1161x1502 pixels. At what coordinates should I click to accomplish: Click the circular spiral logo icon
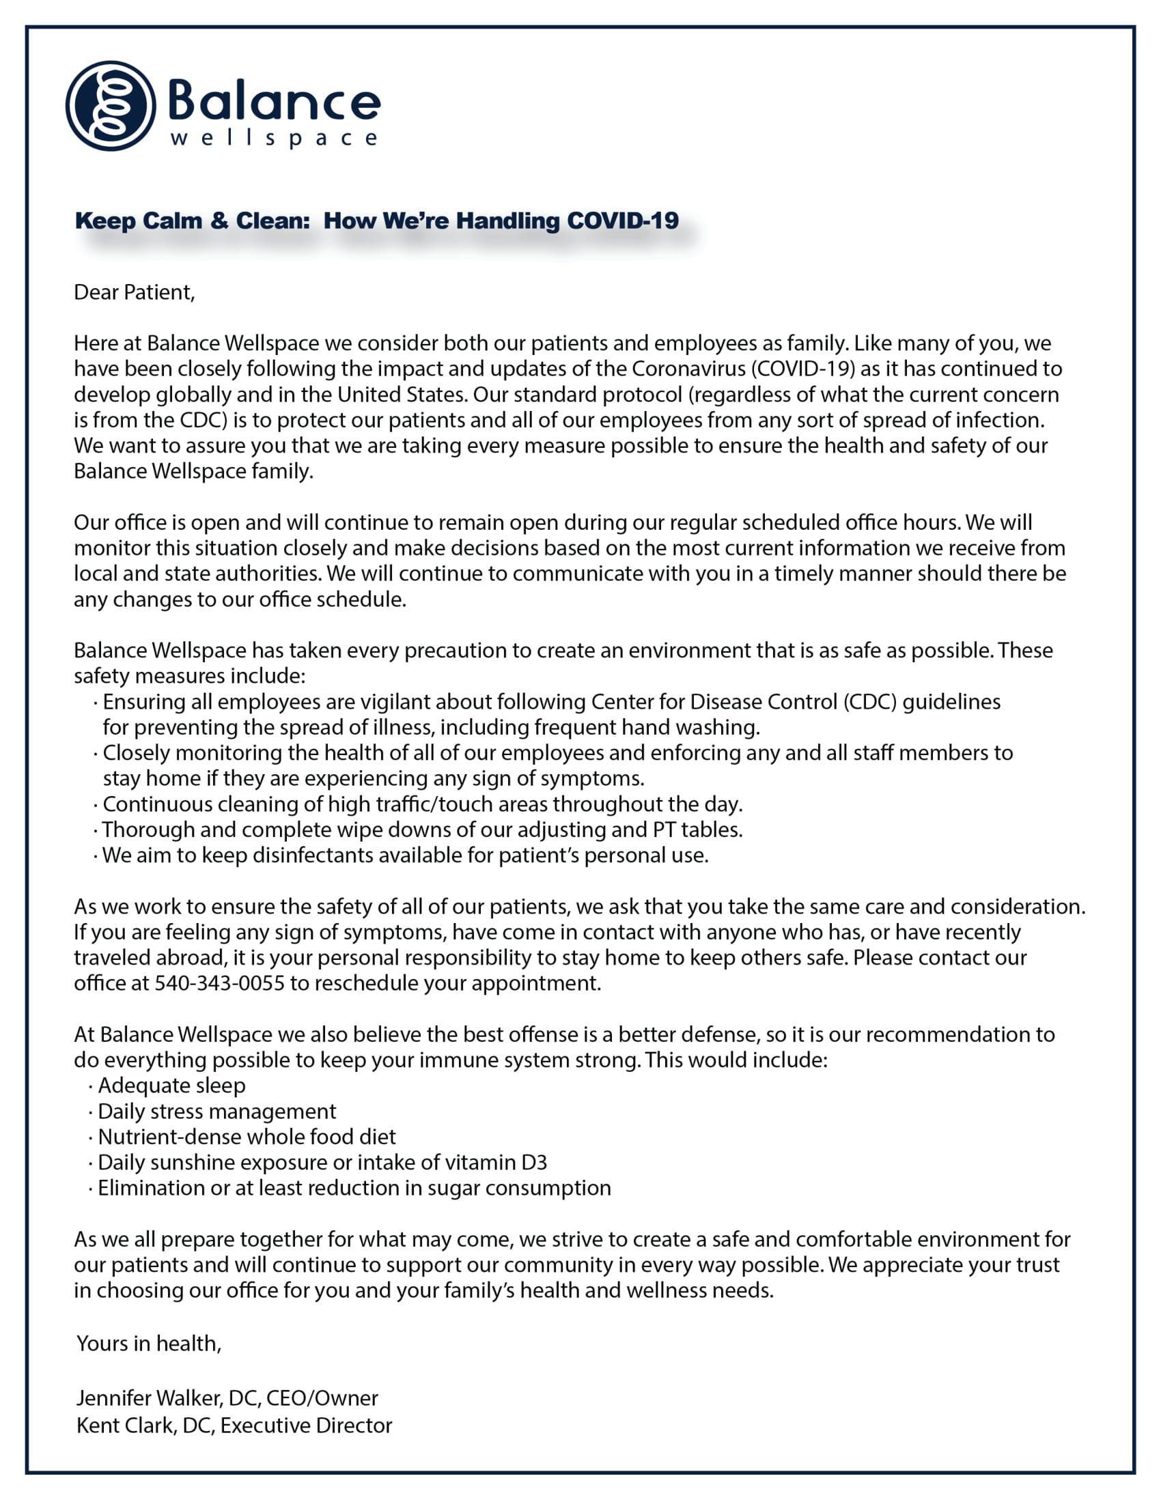(111, 106)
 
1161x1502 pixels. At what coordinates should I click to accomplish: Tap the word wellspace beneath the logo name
(273, 139)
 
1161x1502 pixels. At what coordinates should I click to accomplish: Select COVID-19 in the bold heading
(621, 220)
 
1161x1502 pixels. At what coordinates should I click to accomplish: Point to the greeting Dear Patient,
(134, 292)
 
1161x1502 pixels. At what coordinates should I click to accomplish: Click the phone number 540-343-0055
(219, 983)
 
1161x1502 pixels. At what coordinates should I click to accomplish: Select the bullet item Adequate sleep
(171, 1086)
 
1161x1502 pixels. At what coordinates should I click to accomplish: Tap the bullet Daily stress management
(216, 1111)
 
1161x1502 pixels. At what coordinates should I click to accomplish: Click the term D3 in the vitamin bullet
(534, 1163)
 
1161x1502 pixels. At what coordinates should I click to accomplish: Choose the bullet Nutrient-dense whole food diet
(247, 1137)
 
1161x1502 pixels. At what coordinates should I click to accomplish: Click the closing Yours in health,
(149, 1343)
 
